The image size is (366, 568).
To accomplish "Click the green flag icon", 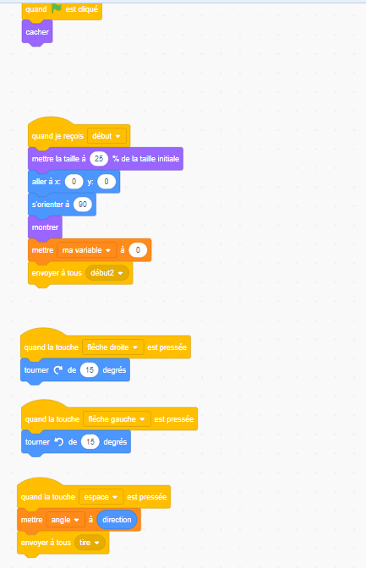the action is pyautogui.click(x=56, y=8).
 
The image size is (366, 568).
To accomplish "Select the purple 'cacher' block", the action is pyautogui.click(x=37, y=32).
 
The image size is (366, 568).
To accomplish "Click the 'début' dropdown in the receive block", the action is pyautogui.click(x=107, y=136).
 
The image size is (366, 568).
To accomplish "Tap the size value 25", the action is pyautogui.click(x=99, y=159).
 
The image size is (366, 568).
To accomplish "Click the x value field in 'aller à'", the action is pyautogui.click(x=74, y=182).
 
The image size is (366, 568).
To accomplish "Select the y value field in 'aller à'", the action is pyautogui.click(x=107, y=182).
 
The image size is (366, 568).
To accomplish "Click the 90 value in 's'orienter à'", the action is pyautogui.click(x=83, y=205).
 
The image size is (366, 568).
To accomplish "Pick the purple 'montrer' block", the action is pyautogui.click(x=45, y=227).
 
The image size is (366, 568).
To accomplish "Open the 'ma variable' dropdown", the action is pyautogui.click(x=86, y=250).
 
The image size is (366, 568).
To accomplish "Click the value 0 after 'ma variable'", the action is pyautogui.click(x=138, y=250).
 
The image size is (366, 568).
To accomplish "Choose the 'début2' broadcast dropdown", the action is pyautogui.click(x=107, y=273).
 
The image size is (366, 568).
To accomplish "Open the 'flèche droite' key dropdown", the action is pyautogui.click(x=112, y=347).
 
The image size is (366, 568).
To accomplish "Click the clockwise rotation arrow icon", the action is pyautogui.click(x=58, y=370).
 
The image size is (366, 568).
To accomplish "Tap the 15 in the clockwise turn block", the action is pyautogui.click(x=90, y=370).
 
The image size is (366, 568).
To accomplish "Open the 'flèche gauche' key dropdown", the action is pyautogui.click(x=117, y=419).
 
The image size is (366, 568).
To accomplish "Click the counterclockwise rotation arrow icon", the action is pyautogui.click(x=58, y=441).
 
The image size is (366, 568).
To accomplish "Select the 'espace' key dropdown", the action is pyautogui.click(x=101, y=497).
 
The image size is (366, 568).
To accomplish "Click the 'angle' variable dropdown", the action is pyautogui.click(x=65, y=520).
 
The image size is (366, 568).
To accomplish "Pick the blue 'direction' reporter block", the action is pyautogui.click(x=117, y=520).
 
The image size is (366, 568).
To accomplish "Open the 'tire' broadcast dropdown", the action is pyautogui.click(x=90, y=543).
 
